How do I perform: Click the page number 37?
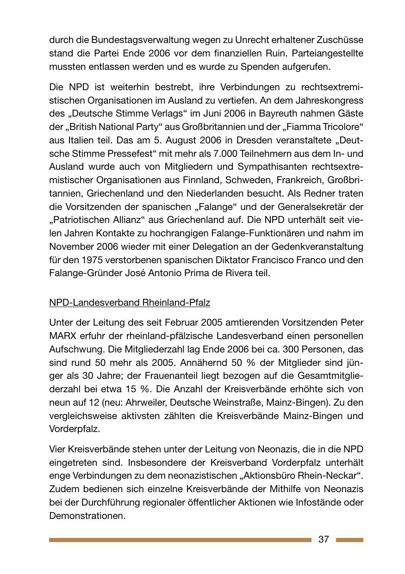(324, 539)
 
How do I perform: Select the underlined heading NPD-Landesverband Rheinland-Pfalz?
(130, 302)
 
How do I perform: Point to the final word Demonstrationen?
(87, 515)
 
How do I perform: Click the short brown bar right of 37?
(349, 540)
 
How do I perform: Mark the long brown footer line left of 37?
(180, 540)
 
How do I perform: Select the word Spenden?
(260, 67)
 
